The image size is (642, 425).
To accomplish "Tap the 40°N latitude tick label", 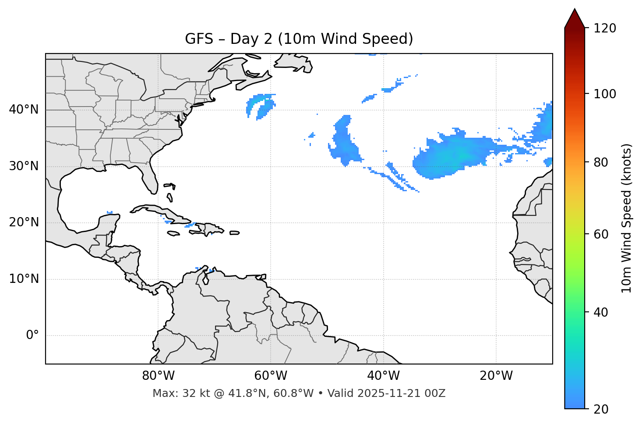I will coord(24,110).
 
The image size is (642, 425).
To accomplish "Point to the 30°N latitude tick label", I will coord(24,166).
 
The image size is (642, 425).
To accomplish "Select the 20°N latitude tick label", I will coord(24,222).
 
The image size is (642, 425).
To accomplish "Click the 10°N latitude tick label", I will coord(24,279).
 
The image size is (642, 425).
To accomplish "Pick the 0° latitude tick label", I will coord(32,336).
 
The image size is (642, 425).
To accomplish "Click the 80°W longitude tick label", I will coord(158,376).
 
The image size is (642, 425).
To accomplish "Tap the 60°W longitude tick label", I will coord(271,376).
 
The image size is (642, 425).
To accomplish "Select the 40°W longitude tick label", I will coord(383,376).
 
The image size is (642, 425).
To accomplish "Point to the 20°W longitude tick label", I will coord(496,376).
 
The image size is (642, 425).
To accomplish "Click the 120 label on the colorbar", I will coord(605,29).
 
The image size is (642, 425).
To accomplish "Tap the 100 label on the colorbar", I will coord(605,94).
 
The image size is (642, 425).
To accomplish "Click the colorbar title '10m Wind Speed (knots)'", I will coord(627,218).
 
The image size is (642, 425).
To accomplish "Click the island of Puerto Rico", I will coord(235,233).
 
